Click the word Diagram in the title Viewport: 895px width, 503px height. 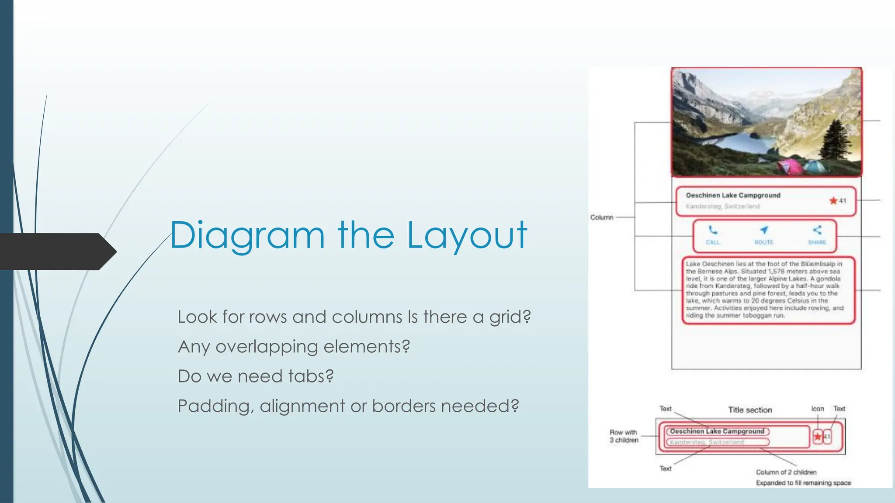pyautogui.click(x=247, y=236)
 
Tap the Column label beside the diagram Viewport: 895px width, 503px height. pyautogui.click(x=602, y=217)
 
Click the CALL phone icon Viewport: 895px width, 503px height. pyautogui.click(x=713, y=230)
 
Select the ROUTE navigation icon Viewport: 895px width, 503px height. pyautogui.click(x=764, y=230)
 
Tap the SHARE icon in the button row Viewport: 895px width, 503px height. pyautogui.click(x=817, y=230)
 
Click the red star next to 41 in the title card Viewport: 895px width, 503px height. pyautogui.click(x=833, y=201)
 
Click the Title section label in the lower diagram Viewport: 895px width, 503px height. pyautogui.click(x=750, y=410)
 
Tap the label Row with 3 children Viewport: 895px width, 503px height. pyautogui.click(x=624, y=436)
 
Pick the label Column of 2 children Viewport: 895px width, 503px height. pyautogui.click(x=786, y=472)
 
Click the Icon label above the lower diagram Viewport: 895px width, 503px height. pyautogui.click(x=817, y=409)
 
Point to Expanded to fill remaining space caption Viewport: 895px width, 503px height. pyautogui.click(x=803, y=483)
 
